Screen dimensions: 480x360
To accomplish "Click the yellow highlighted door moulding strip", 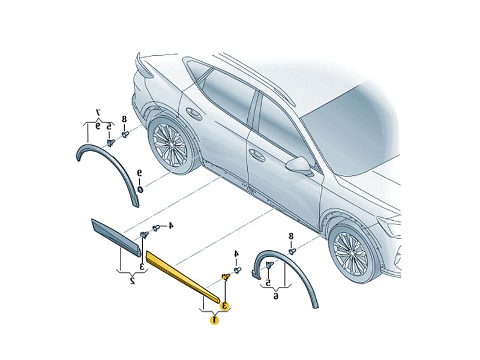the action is point(182,276).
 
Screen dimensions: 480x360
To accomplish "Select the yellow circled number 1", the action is point(214,320).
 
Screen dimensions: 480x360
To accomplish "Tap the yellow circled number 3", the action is point(226,305).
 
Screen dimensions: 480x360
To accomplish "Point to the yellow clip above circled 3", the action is point(226,277).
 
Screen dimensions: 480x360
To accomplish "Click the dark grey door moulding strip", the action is point(116,236).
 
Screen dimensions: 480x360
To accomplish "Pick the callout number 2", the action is point(132,280).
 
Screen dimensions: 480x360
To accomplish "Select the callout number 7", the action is point(98,112).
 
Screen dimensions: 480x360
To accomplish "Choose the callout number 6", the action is point(275,296).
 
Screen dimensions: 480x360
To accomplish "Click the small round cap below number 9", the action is point(140,190).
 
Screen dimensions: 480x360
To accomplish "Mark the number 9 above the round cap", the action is point(140,173).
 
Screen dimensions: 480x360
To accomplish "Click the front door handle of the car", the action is point(257,155).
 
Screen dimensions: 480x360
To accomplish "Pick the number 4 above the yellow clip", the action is point(236,253).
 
